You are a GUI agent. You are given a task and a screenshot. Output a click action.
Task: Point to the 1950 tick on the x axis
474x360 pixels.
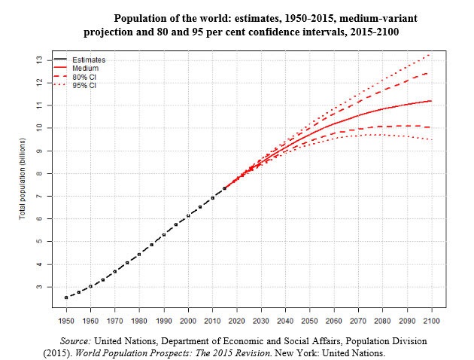67,322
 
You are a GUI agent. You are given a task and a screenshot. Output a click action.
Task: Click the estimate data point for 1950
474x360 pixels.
66,297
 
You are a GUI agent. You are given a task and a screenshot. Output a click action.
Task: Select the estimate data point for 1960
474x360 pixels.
91,286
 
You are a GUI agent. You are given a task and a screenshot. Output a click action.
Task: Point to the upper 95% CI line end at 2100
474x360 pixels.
430,54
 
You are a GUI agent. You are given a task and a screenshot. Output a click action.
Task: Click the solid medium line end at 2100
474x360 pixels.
430,101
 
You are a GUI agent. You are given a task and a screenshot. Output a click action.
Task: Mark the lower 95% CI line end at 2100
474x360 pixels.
430,139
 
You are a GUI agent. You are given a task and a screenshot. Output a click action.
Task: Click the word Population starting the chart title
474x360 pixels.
136,17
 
